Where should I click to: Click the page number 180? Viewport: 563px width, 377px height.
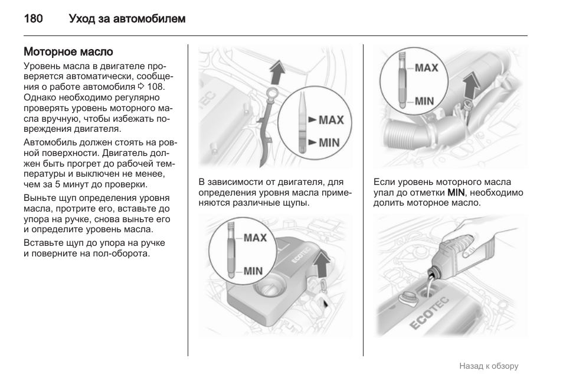[x=33, y=19]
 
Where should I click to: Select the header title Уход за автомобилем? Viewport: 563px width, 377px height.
[x=127, y=19]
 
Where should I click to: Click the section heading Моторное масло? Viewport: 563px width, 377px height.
[x=68, y=52]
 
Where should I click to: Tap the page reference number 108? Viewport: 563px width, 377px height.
[x=156, y=87]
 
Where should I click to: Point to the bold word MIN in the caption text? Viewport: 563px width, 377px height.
[x=456, y=192]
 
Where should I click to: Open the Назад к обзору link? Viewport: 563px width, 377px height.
[x=489, y=366]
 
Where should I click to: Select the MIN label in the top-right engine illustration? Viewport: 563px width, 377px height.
[x=424, y=101]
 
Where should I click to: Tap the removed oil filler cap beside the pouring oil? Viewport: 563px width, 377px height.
[x=407, y=297]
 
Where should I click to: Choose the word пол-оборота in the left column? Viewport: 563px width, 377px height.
[x=123, y=253]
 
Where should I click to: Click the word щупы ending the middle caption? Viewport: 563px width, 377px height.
[x=295, y=203]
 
